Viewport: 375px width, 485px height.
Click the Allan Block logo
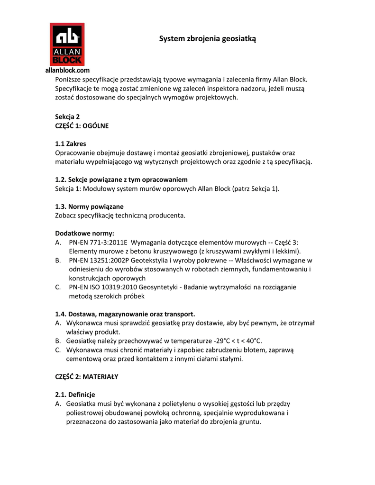(67, 45)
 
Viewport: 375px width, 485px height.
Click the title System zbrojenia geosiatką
(208, 39)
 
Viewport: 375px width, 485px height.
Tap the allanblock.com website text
(67, 70)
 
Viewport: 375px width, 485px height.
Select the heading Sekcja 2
(67, 117)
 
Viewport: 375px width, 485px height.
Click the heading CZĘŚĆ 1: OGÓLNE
(82, 126)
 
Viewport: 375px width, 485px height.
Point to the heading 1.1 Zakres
(71, 144)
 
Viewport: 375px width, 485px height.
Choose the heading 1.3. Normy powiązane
(89, 207)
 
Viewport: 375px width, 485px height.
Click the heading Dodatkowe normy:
(85, 233)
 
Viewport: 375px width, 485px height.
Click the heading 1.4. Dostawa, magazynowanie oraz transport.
(125, 314)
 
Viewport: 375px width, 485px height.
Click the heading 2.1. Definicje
(75, 395)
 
